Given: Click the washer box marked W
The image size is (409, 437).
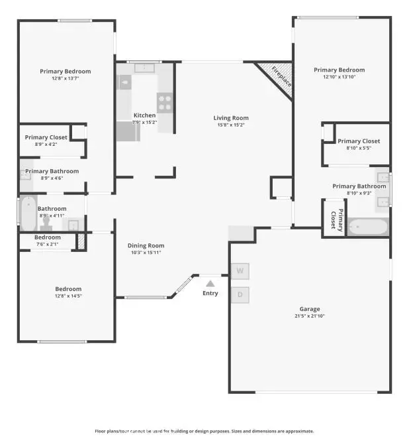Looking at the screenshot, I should click(240, 271).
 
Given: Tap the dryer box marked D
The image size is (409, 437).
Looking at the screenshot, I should click(240, 294).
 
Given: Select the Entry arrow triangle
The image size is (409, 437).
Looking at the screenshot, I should click(210, 284).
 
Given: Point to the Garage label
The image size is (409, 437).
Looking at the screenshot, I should click(309, 309).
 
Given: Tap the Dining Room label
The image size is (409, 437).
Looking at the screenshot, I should click(146, 245).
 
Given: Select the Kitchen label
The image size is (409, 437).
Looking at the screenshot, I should click(144, 115).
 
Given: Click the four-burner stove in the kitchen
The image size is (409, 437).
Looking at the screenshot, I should click(165, 103).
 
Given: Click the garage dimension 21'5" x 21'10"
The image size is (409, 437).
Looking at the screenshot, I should click(309, 316).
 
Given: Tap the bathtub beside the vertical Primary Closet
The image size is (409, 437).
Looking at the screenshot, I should click(367, 227).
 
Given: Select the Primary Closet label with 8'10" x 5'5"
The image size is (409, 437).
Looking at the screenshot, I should click(358, 141).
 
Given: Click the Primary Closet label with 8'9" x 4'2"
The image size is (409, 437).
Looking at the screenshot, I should click(46, 137).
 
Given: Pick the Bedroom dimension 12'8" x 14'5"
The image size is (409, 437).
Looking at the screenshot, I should click(68, 296).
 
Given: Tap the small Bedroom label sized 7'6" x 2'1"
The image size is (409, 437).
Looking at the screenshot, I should click(48, 237).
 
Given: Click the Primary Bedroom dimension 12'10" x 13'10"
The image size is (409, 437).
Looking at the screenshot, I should click(339, 77).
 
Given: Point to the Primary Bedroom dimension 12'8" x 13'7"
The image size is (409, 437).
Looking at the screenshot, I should click(65, 78).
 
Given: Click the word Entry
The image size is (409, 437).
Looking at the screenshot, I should click(210, 293).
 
